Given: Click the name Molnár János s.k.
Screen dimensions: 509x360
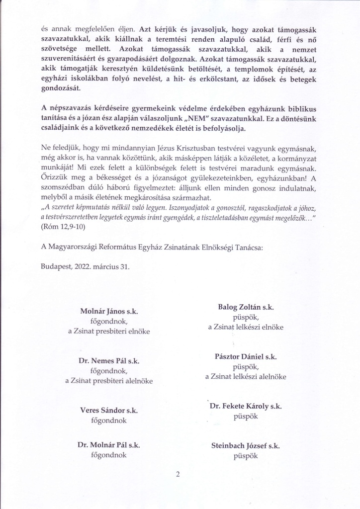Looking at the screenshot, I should [x=109, y=311].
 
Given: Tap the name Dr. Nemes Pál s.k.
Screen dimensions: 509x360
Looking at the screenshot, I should [x=109, y=361].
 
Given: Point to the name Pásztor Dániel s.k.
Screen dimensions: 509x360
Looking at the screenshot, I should [x=246, y=356].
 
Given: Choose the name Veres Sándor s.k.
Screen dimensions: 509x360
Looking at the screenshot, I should [x=109, y=411].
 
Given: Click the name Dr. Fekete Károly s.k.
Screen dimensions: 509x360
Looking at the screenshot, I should [x=246, y=406].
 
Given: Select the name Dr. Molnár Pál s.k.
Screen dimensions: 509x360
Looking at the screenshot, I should [x=109, y=445].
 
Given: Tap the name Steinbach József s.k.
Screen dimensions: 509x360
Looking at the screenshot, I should [x=246, y=446].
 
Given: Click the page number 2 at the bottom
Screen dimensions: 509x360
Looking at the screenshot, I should [x=178, y=474].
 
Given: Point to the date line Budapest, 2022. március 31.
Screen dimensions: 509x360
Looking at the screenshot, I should [x=85, y=266].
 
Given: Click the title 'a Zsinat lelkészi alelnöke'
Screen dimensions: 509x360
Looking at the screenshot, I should [x=246, y=377].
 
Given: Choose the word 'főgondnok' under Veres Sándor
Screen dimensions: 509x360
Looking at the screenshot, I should [x=109, y=421].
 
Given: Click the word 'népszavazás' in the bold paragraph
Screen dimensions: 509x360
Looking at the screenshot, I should [x=69, y=108].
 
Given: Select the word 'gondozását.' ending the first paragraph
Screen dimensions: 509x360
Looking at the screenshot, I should [x=61, y=88].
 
